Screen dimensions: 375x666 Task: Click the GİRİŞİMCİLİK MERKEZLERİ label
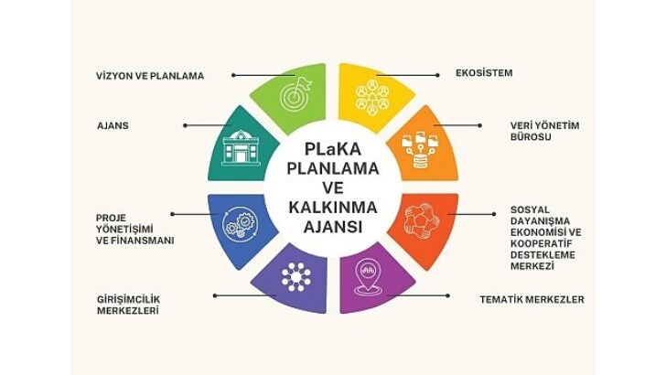[x=128, y=304]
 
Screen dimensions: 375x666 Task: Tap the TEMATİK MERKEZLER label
[x=532, y=299]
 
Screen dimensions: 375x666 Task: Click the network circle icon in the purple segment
[x=296, y=275]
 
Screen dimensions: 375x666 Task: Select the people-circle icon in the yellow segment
[x=372, y=97]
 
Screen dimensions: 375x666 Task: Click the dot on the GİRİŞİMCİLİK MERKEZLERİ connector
[x=214, y=295]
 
